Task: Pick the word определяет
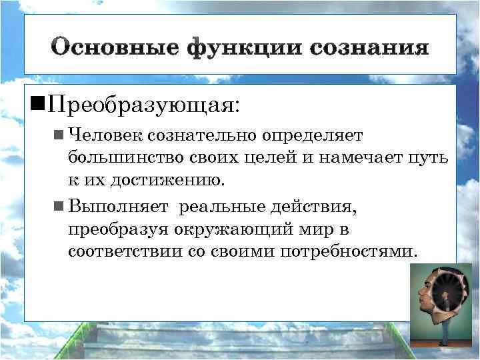point(311,135)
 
